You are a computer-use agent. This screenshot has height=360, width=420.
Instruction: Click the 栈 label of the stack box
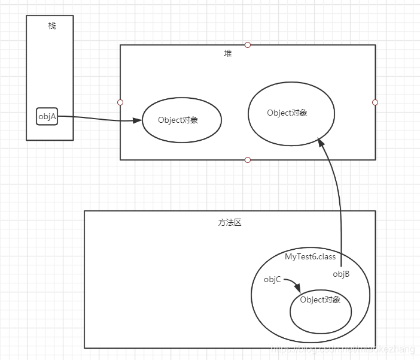point(52,26)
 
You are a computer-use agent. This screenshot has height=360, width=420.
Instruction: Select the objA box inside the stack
point(47,117)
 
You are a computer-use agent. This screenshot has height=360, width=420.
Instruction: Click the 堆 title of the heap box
point(228,53)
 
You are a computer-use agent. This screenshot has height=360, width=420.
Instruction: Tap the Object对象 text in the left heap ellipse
point(178,120)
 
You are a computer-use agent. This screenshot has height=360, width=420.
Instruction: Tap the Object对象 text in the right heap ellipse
point(287,113)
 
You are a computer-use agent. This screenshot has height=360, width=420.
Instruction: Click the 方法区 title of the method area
point(230,222)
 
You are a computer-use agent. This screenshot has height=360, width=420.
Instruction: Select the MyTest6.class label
point(310,257)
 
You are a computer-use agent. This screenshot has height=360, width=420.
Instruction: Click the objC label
point(272,280)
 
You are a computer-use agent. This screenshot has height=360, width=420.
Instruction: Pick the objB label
point(341,274)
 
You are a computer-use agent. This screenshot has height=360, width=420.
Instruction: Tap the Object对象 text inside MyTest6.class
point(320,300)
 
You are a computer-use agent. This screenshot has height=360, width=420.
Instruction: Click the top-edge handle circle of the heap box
point(248,45)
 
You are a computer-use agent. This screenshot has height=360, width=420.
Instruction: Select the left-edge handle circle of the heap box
point(120,102)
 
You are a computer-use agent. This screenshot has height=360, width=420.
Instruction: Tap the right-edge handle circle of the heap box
point(375,102)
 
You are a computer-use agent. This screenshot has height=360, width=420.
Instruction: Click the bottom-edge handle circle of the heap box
point(248,160)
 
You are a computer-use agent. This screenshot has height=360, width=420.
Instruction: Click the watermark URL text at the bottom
point(344,347)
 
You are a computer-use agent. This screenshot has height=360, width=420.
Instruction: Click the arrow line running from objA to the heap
point(96,119)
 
